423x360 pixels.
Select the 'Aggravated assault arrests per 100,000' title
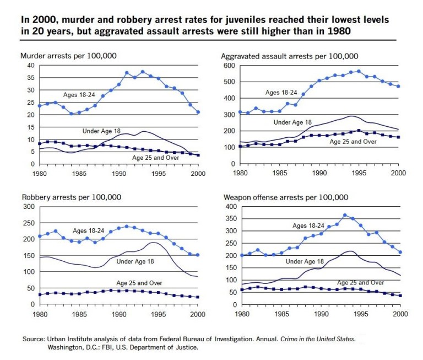pos(290,56)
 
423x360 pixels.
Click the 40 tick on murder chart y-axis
pos(31,66)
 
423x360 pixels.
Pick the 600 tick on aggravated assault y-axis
pos(229,66)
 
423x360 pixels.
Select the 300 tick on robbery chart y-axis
pos(29,207)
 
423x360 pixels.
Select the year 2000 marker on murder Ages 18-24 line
pos(198,112)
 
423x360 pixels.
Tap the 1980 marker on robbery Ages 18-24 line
pos(40,237)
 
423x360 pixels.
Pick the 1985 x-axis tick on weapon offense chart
pos(281,314)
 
